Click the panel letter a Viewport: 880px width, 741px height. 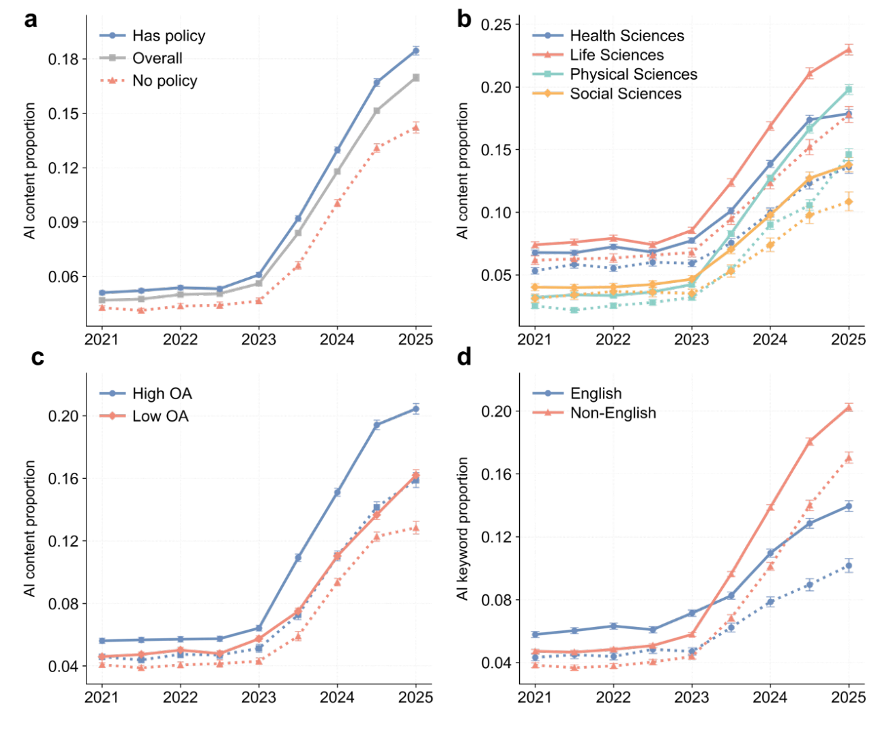[x=31, y=20]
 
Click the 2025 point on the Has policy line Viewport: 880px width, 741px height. [x=416, y=51]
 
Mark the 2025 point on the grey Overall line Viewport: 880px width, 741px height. [x=416, y=78]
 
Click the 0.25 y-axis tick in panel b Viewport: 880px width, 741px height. [x=495, y=25]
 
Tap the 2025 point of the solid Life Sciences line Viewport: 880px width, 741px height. [x=849, y=49]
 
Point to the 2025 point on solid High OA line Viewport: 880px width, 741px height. [x=416, y=409]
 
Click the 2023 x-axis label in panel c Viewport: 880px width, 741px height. [x=259, y=697]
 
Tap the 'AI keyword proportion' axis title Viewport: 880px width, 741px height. [x=463, y=528]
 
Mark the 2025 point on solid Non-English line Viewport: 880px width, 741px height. [x=849, y=407]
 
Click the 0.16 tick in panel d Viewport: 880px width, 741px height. [x=495, y=474]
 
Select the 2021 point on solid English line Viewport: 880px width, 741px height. [x=535, y=634]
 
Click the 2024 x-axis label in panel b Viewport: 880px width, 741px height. [x=770, y=340]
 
